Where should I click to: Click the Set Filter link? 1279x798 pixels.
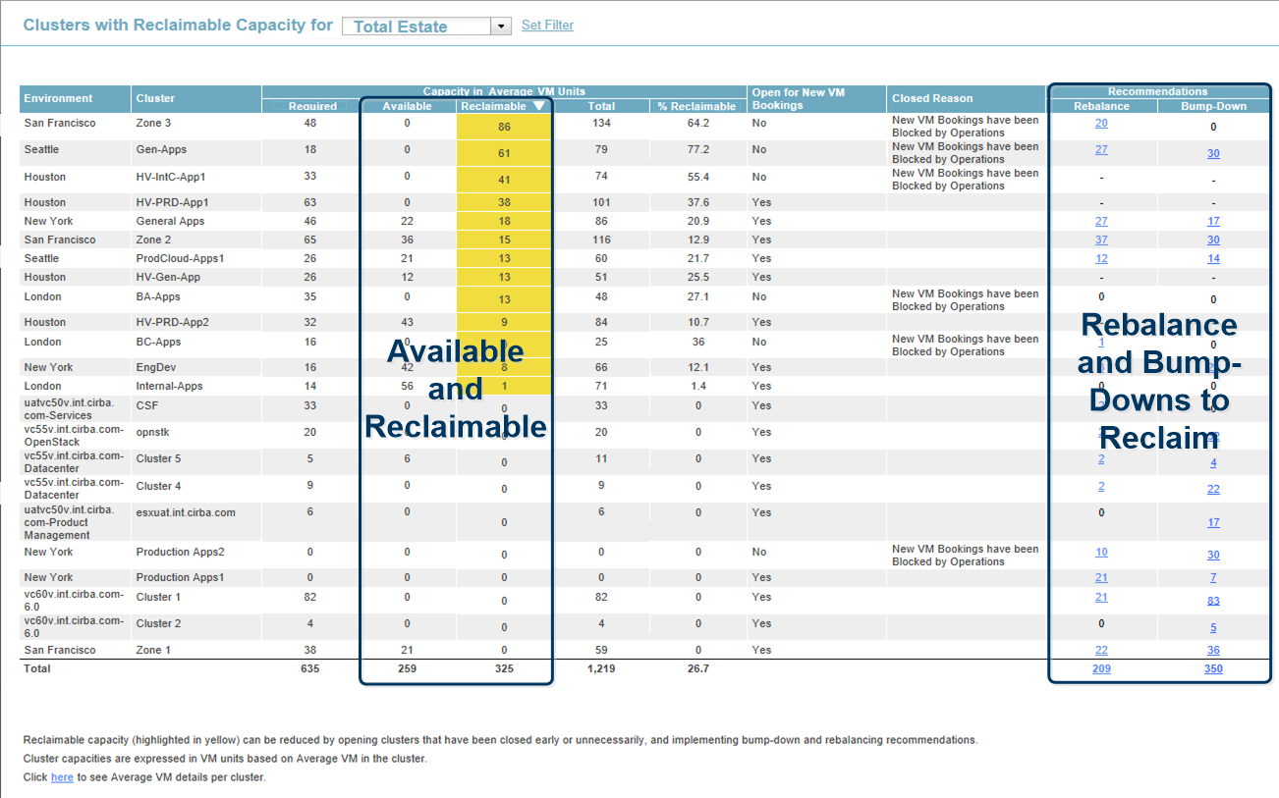tap(547, 26)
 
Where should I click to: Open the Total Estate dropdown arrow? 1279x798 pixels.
tap(501, 27)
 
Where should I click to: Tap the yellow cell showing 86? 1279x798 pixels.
tap(504, 128)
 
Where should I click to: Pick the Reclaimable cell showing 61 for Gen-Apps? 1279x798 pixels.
tap(504, 153)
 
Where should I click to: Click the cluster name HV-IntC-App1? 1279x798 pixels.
tap(171, 177)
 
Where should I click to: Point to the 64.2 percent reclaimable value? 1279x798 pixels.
tap(698, 124)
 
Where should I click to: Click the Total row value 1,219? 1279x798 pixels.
tap(601, 669)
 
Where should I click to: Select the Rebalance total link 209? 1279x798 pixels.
tap(1101, 669)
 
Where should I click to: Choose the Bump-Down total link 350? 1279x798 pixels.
tap(1213, 669)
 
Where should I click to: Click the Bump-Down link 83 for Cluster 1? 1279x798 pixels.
tap(1213, 601)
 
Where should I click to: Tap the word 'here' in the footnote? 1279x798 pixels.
tap(62, 777)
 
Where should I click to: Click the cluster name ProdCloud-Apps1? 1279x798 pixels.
tap(180, 258)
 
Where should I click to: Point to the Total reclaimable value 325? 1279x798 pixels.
tap(504, 669)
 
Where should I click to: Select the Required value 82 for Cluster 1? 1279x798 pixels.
tap(310, 597)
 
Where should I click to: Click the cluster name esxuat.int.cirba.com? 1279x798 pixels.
tap(186, 512)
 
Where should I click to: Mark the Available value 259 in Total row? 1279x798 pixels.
tap(407, 669)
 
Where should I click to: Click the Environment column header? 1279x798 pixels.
tap(58, 98)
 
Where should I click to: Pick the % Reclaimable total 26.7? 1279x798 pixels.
tap(698, 669)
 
